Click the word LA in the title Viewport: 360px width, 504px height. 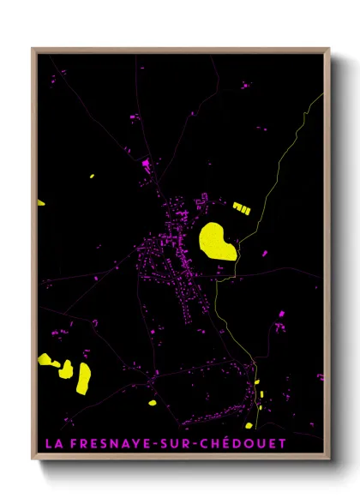point(51,444)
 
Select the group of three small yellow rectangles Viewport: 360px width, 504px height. point(242,207)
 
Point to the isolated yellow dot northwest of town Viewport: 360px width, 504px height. point(92,177)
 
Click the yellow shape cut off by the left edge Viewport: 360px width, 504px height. point(40,203)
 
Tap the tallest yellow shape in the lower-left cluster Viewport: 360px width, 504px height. point(83,378)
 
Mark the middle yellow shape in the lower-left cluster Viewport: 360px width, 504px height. point(65,369)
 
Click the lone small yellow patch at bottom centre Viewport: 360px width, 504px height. point(152,401)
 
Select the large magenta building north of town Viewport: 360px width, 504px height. point(146,162)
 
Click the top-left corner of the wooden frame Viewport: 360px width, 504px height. point(33,50)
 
